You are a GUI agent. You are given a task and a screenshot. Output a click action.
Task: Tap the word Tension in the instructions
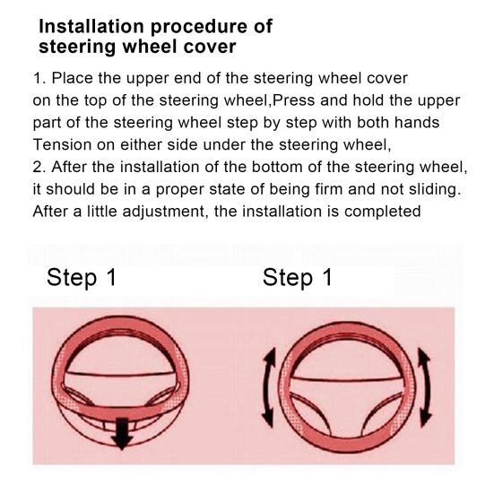click(62, 145)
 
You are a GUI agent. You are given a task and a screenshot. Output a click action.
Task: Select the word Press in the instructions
click(293, 100)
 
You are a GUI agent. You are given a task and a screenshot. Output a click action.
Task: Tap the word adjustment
click(165, 212)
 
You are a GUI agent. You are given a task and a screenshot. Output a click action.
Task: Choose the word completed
click(383, 212)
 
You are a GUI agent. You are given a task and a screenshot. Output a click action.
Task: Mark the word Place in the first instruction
click(72, 78)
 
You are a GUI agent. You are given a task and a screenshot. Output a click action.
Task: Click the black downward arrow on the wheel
click(122, 433)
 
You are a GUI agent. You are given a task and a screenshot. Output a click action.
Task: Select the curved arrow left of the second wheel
click(269, 387)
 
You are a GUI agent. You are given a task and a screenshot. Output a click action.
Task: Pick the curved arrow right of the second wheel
click(424, 387)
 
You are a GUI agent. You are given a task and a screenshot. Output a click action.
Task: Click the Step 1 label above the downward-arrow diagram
click(82, 278)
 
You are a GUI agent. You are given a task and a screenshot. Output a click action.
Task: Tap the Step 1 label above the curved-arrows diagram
click(298, 278)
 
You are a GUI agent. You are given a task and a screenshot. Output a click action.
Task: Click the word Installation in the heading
click(92, 27)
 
